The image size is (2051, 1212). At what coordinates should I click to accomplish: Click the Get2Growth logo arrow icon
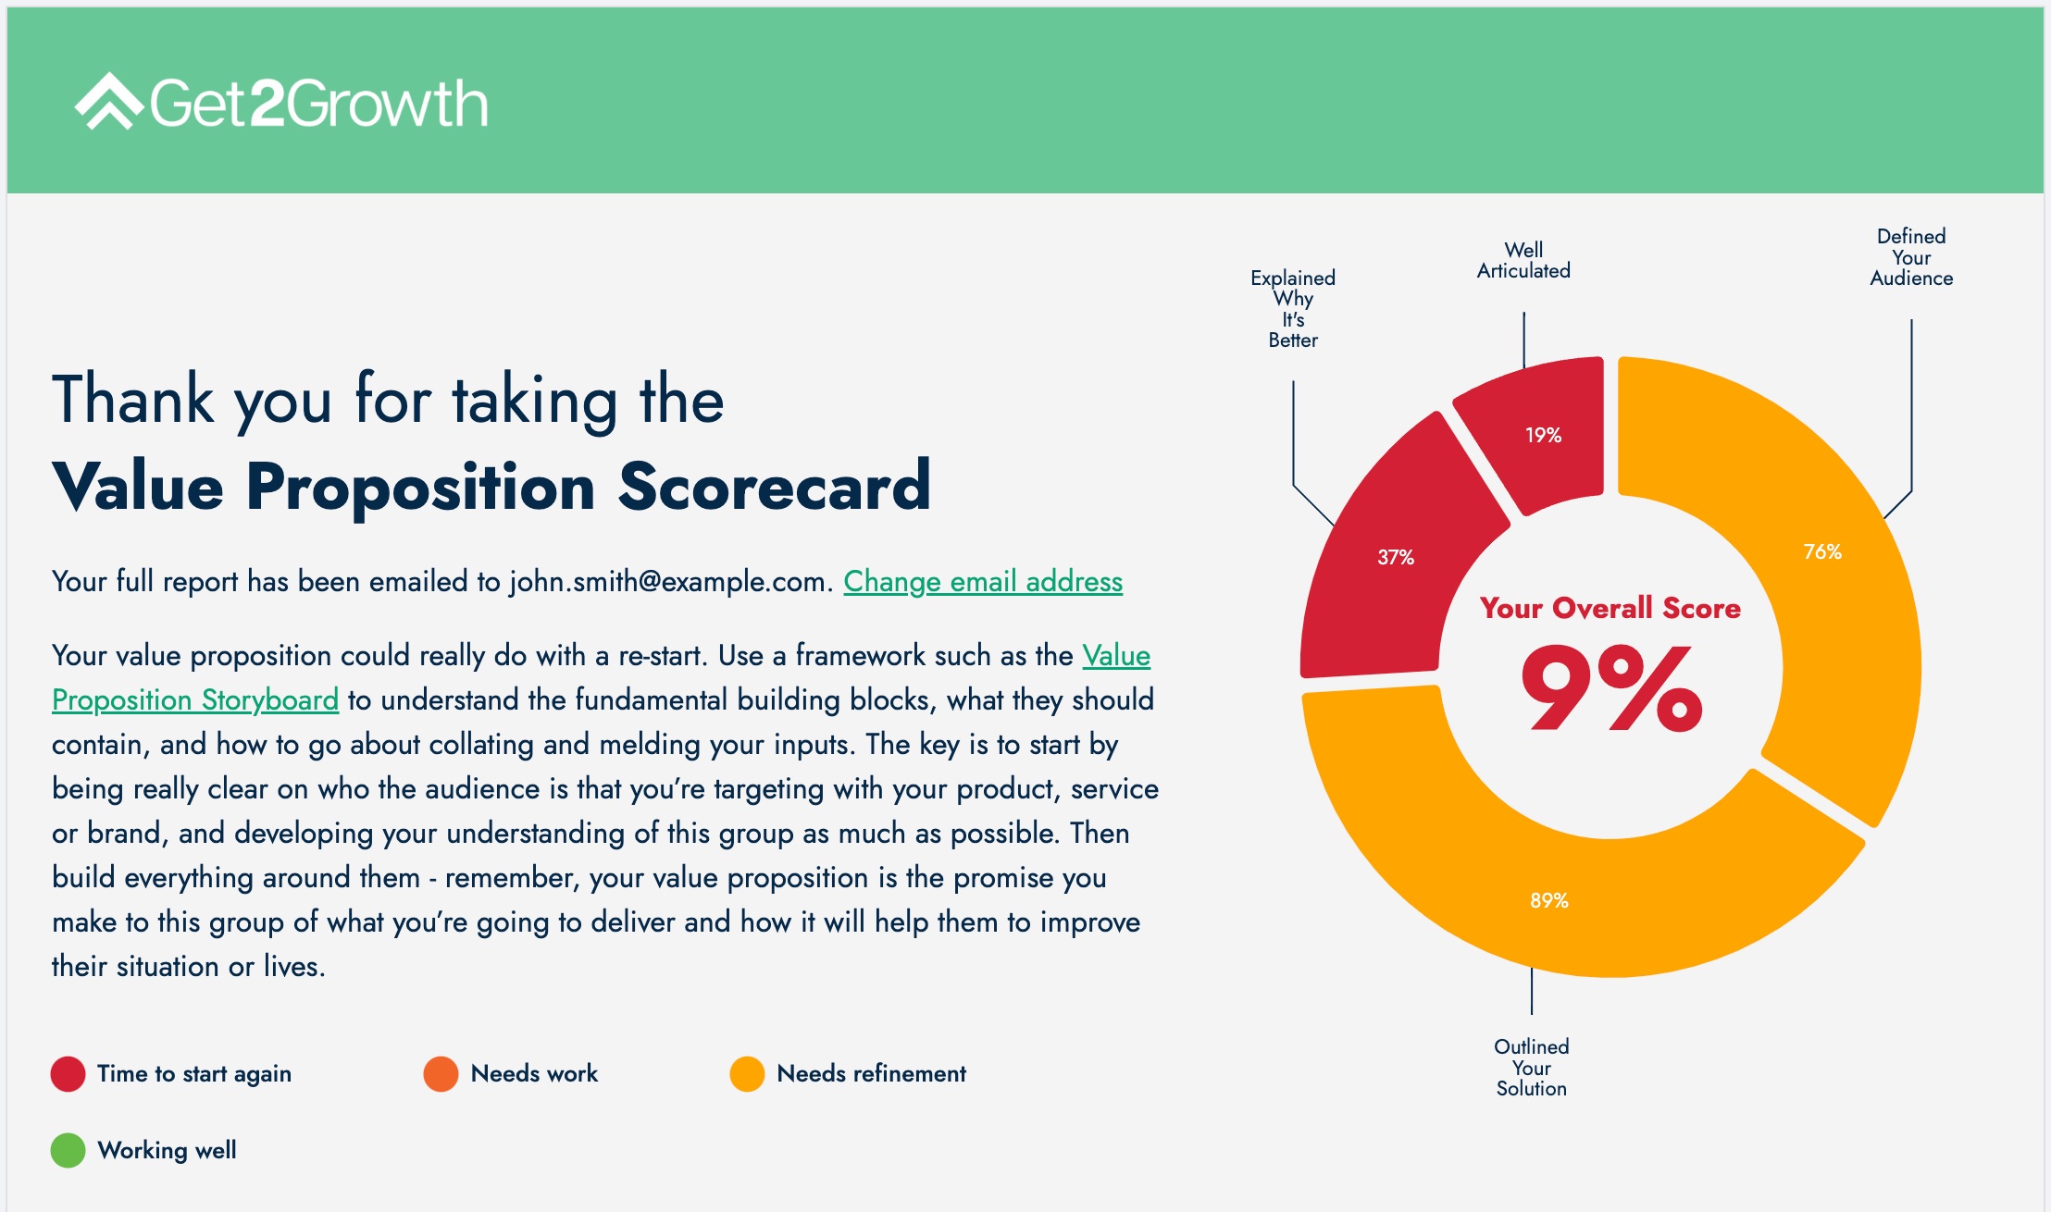(108, 101)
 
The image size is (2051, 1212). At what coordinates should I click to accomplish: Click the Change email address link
(983, 581)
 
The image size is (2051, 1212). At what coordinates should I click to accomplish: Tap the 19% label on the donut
(1543, 435)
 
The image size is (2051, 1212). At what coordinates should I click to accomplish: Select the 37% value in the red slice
(1395, 557)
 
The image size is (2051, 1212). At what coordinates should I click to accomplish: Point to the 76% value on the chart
(1821, 552)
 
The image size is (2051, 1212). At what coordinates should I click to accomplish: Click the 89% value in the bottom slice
(1548, 900)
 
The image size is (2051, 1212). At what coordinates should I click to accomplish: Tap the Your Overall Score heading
(1610, 608)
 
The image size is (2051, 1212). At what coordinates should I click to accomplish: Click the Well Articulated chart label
(1523, 261)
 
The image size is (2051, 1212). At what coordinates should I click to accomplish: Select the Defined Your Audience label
(1910, 257)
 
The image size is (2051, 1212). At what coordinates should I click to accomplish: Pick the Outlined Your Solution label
(1531, 1068)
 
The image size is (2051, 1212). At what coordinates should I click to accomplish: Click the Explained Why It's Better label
(1292, 309)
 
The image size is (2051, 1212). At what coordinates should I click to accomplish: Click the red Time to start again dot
(68, 1074)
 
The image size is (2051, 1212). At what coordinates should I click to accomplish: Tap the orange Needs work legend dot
(441, 1074)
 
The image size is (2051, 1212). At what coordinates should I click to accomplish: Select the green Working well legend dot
(68, 1151)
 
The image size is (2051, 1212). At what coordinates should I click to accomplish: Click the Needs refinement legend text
(871, 1073)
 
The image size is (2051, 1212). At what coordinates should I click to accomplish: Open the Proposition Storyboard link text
(195, 699)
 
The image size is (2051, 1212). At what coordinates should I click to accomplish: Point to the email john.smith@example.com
(666, 581)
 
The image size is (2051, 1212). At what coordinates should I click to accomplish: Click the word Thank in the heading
(133, 401)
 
